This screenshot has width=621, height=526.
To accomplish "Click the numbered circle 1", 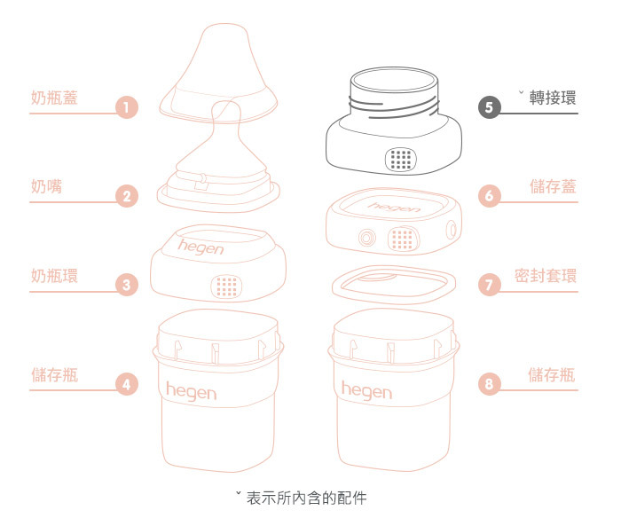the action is pyautogui.click(x=128, y=108).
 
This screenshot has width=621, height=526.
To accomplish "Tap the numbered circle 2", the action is pyautogui.click(x=128, y=196).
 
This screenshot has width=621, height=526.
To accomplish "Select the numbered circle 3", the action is pyautogui.click(x=128, y=285).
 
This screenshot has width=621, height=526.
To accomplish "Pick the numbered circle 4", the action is pyautogui.click(x=128, y=383).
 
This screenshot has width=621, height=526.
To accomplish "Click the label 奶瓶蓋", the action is pyautogui.click(x=54, y=98).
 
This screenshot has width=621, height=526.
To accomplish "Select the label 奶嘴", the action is pyautogui.click(x=46, y=186).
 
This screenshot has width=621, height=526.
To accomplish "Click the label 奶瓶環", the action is pyautogui.click(x=54, y=275).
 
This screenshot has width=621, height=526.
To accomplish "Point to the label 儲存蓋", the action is pyautogui.click(x=553, y=186).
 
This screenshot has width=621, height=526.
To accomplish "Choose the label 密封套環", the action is pyautogui.click(x=546, y=275).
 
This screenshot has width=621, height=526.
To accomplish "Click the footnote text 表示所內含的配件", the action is pyautogui.click(x=306, y=498).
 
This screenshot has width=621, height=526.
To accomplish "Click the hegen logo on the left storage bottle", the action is pyautogui.click(x=191, y=389).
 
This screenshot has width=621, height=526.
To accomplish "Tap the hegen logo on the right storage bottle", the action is pyautogui.click(x=366, y=389).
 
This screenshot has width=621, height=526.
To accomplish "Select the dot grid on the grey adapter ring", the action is pyautogui.click(x=402, y=160).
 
